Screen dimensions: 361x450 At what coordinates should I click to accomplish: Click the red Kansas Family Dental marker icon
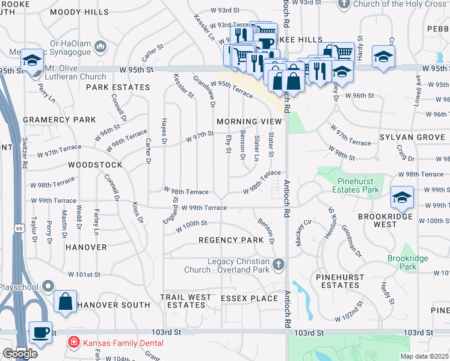tap(73, 342)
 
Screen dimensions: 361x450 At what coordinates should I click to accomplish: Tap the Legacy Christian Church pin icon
tap(278, 264)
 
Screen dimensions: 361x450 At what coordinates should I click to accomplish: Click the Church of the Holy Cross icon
tap(344, 4)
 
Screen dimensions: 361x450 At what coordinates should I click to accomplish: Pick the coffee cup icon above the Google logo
tap(40, 332)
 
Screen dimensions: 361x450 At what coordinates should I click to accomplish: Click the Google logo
tap(19, 353)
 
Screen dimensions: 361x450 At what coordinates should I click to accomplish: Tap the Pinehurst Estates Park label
tap(350, 185)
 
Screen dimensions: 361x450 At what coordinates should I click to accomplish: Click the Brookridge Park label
tap(402, 262)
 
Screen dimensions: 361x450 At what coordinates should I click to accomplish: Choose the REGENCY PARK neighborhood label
tap(231, 240)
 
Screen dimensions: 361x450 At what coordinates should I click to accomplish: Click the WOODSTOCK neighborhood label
tap(95, 164)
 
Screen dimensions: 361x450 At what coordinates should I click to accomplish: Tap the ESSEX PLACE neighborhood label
tap(248, 298)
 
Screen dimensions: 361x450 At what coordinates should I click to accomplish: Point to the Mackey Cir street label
tap(303, 232)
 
